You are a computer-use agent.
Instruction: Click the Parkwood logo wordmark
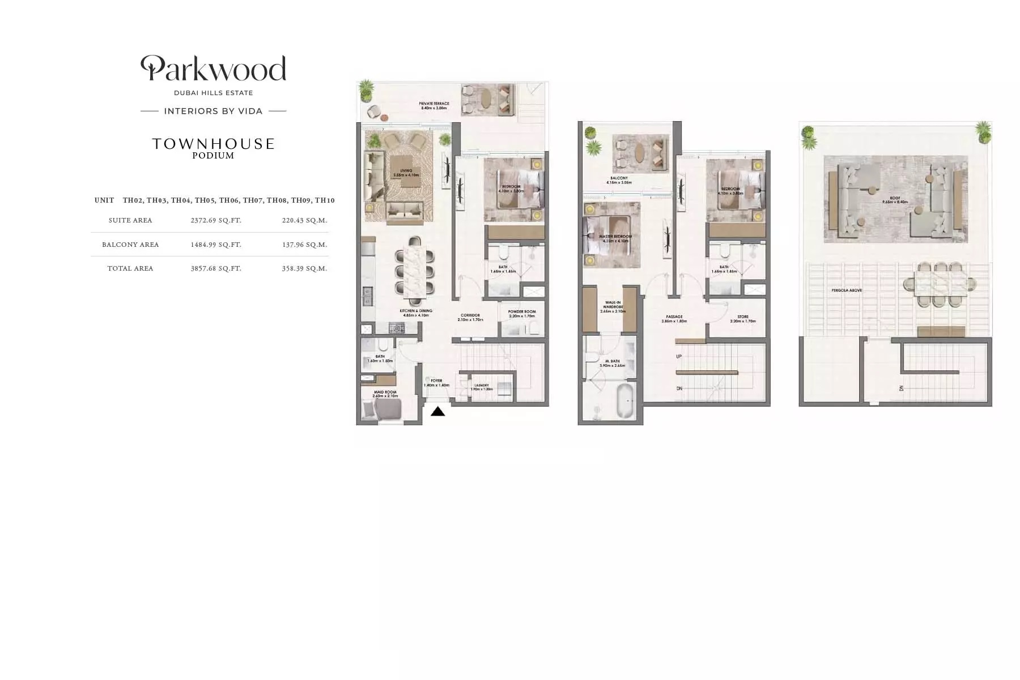point(213,69)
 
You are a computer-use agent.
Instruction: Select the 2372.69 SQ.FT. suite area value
point(216,220)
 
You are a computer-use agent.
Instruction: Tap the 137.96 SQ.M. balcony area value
point(304,245)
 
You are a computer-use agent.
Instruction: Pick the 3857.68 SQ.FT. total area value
point(216,268)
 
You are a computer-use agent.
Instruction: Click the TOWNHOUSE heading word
point(213,144)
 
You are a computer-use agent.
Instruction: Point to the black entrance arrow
point(437,412)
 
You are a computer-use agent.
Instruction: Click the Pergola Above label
point(847,290)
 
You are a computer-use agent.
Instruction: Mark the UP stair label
point(679,357)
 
